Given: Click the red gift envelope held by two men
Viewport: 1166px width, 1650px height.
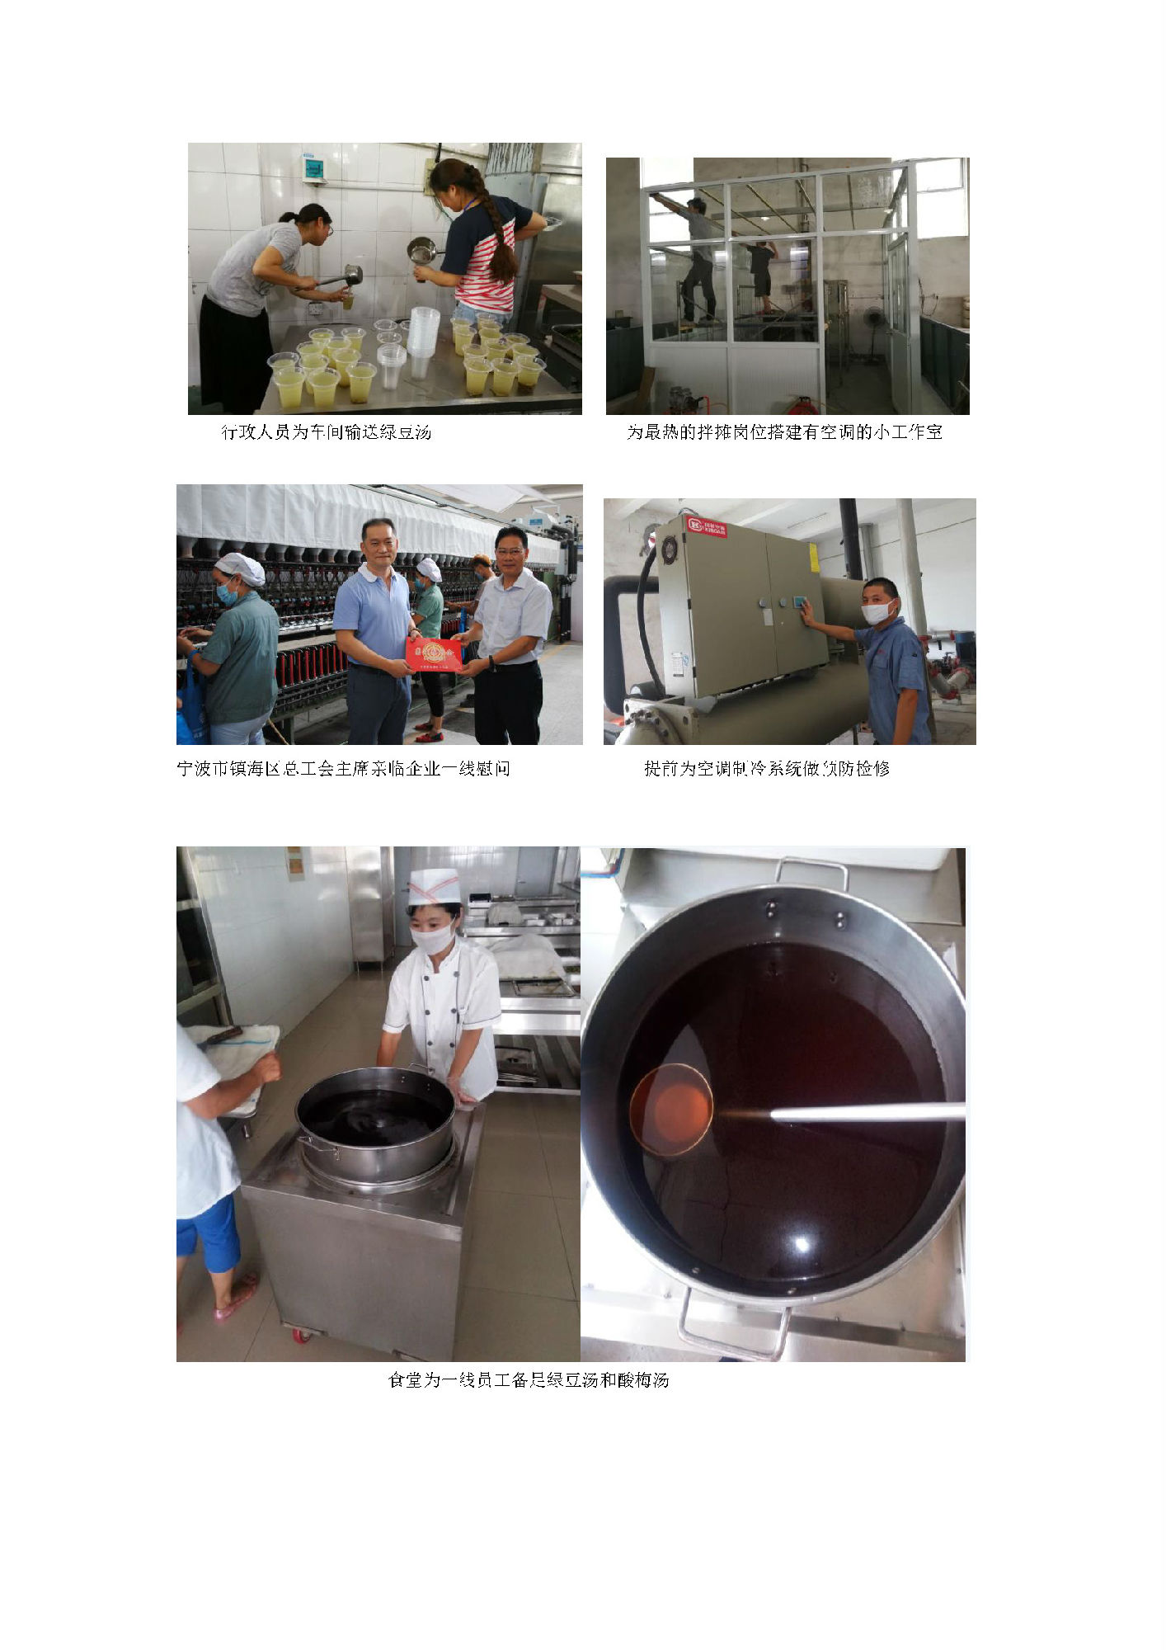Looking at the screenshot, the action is (434, 653).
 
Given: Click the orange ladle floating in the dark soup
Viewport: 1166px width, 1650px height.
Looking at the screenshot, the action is (670, 1110).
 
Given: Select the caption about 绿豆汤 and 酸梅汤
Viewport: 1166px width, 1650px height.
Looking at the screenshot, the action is (528, 1379).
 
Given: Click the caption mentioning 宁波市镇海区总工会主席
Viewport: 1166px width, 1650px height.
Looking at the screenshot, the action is (343, 768).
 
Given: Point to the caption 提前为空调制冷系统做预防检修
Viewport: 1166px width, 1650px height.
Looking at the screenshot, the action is (767, 768).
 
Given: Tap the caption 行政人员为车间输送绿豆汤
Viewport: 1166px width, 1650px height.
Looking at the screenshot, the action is (327, 431).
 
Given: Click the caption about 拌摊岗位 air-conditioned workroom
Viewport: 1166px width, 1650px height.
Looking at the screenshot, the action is (784, 431).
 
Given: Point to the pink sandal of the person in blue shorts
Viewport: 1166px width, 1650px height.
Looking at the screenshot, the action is (236, 1298).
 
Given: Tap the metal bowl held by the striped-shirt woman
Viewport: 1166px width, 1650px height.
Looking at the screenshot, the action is (422, 248).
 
